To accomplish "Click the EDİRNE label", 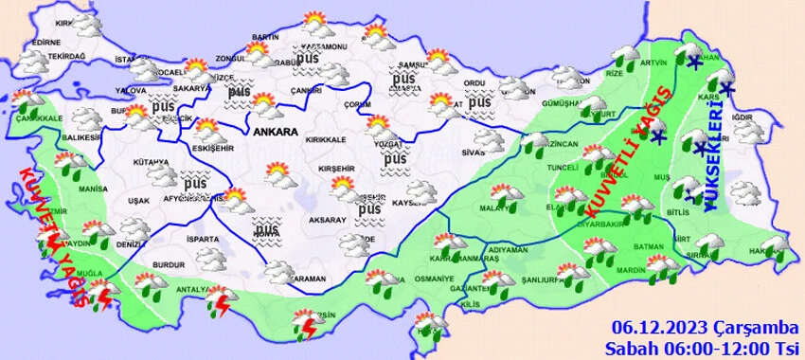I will [45, 43].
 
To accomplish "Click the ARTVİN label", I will [654, 63].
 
